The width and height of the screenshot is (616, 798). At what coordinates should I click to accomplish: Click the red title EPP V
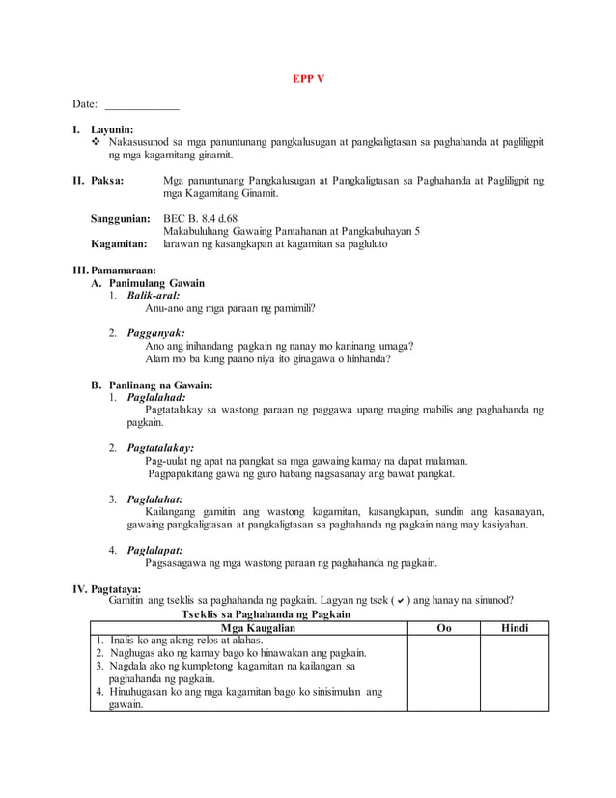pyautogui.click(x=308, y=78)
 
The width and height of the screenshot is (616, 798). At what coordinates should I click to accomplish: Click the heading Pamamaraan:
pyautogui.click(x=122, y=271)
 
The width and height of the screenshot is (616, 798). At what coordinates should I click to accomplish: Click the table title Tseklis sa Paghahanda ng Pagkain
pyautogui.click(x=266, y=614)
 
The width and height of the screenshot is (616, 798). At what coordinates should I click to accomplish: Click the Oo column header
pyautogui.click(x=442, y=628)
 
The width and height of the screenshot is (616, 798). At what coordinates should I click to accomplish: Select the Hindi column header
pyautogui.click(x=514, y=628)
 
